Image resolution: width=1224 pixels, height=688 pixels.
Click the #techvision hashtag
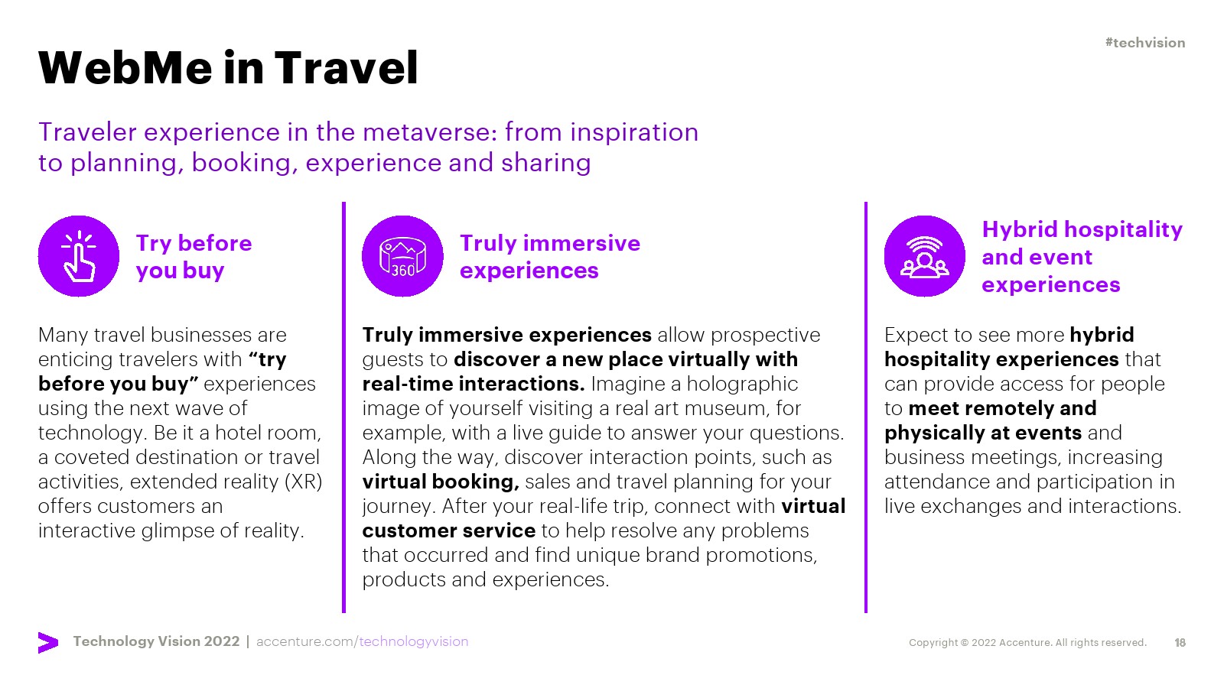coord(1144,43)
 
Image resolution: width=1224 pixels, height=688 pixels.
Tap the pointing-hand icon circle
coord(79,256)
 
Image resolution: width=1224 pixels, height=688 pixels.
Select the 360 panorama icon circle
coord(402,256)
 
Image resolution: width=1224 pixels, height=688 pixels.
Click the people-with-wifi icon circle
coord(925,256)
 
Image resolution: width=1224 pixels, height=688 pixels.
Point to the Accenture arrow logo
coord(48,643)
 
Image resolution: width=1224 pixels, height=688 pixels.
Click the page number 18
coord(1180,643)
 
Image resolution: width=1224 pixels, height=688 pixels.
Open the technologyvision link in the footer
coord(414,641)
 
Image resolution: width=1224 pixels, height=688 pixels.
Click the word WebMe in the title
coord(125,68)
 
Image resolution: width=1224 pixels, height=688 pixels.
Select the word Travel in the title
coord(347,68)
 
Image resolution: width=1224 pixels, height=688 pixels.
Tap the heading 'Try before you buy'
coord(194,257)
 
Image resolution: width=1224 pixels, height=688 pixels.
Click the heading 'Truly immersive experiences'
coord(550,257)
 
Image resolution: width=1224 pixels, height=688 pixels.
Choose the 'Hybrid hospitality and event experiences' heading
coord(1082,257)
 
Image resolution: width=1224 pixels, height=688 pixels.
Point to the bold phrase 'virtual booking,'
coord(441,482)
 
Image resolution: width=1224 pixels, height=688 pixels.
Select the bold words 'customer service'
coord(448,531)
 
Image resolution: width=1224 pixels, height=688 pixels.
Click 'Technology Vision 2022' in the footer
coord(156,641)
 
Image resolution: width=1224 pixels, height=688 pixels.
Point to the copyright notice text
coord(1028,643)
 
